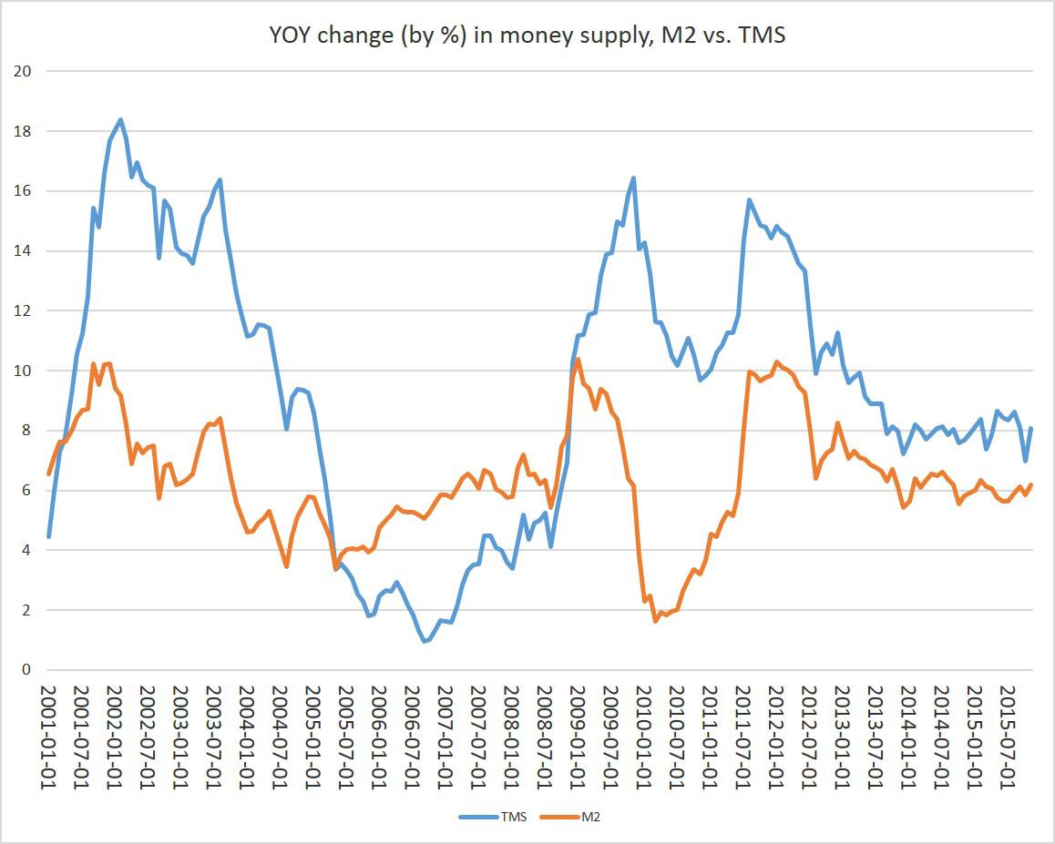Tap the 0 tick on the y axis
[x=26, y=670]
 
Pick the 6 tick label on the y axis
[x=26, y=491]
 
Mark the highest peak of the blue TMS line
[x=120, y=119]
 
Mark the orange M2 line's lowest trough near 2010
[x=655, y=621]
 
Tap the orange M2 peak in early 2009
[x=579, y=360]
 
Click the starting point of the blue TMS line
[x=48, y=536]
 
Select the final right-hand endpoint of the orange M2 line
[x=1030, y=485]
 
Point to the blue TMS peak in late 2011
[x=749, y=199]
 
